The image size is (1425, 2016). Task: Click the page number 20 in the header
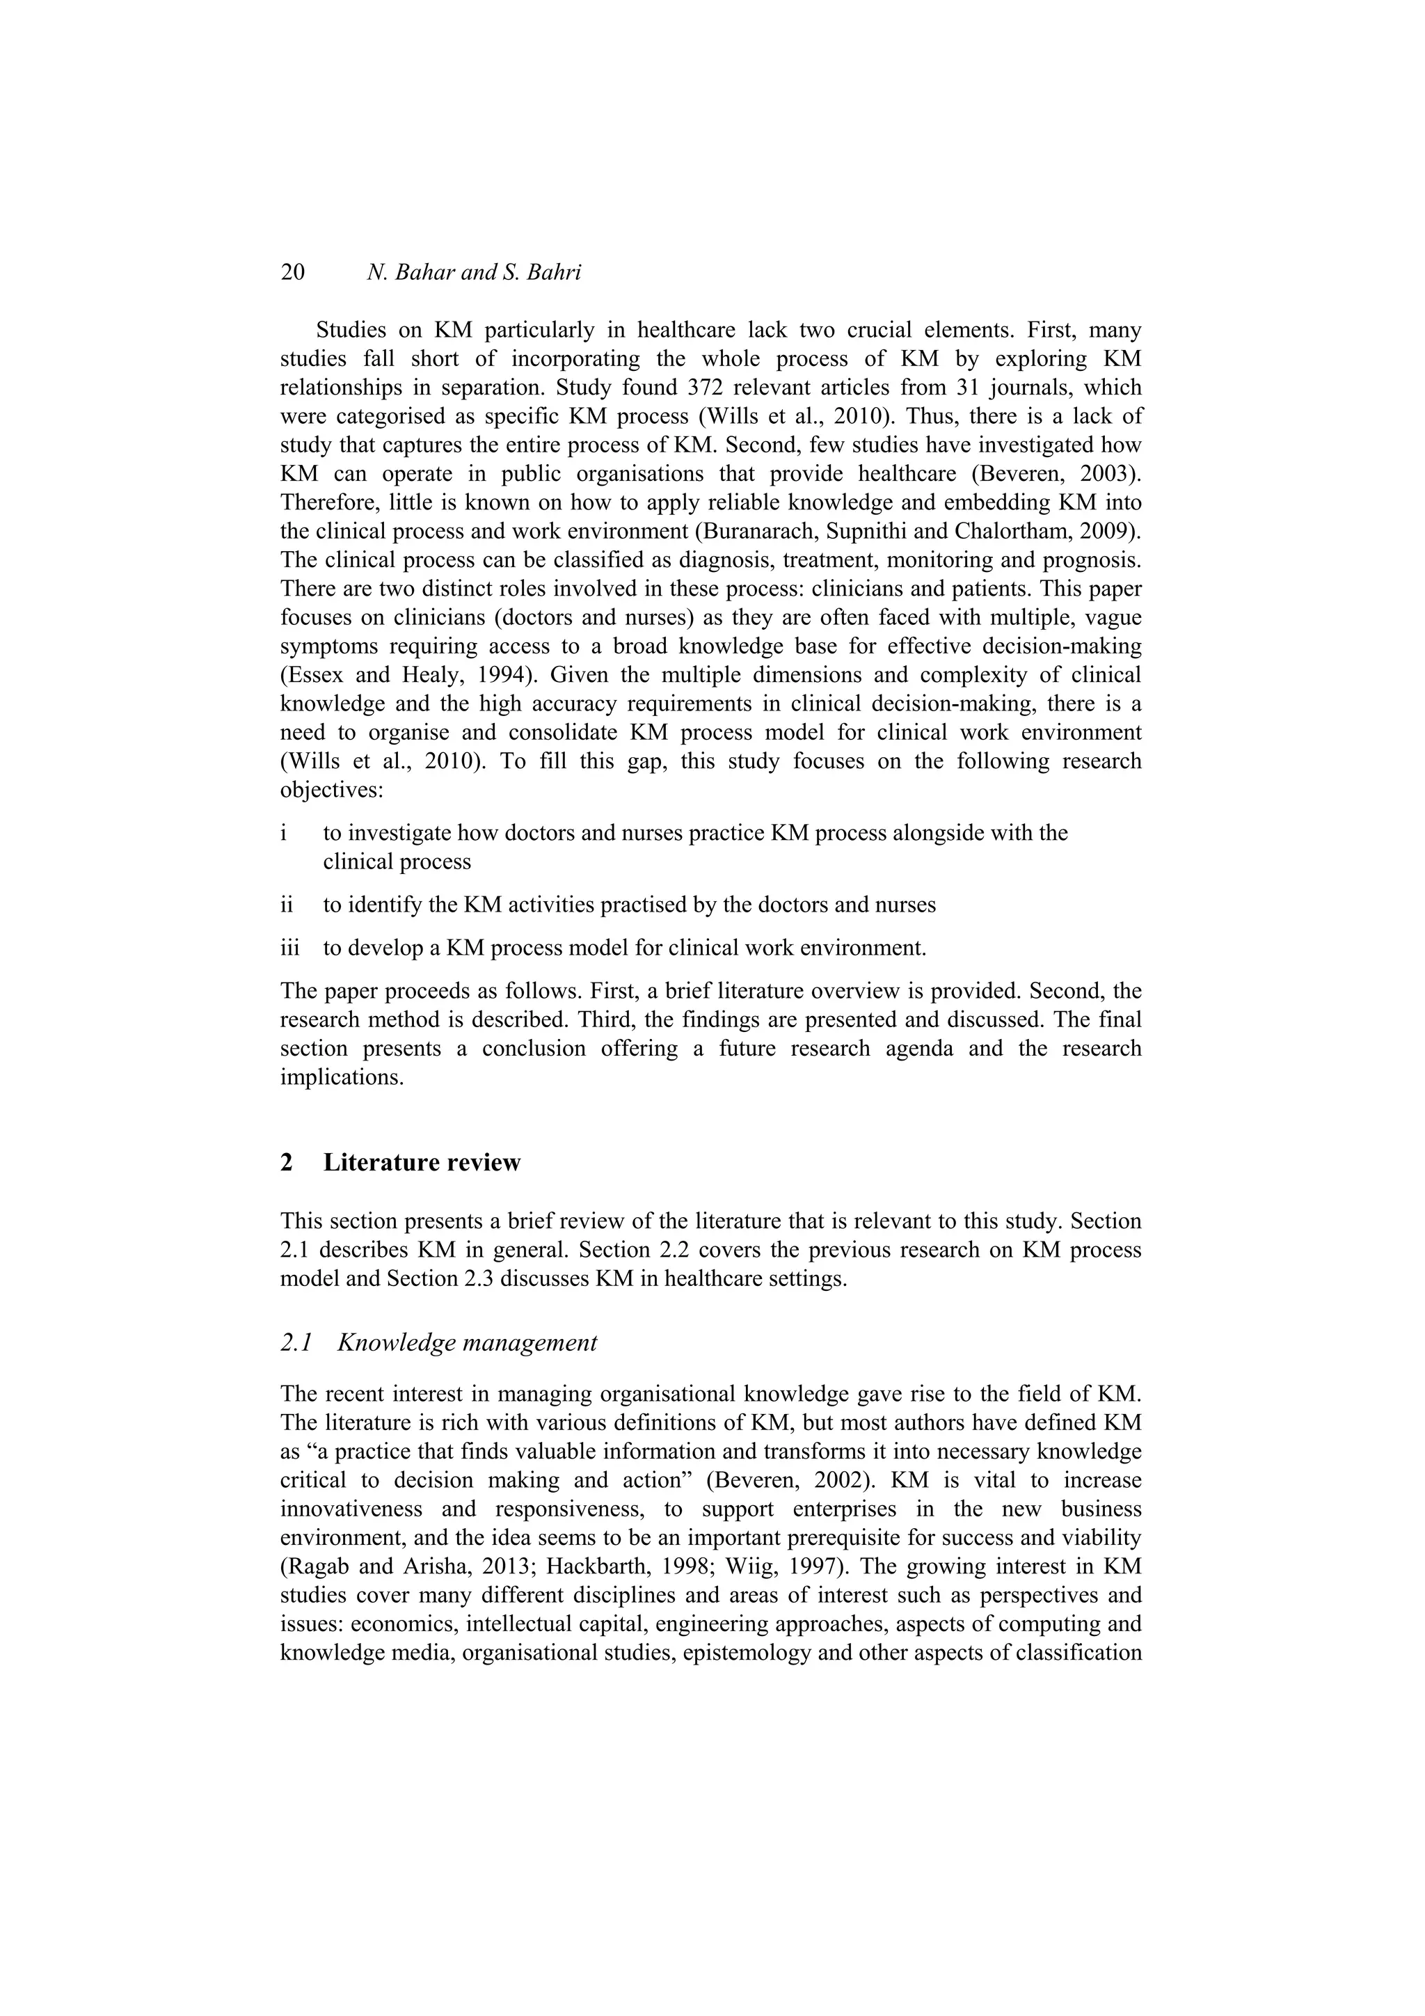(x=292, y=272)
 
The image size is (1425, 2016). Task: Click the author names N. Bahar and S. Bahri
(x=474, y=272)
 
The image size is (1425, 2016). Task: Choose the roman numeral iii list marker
(x=289, y=949)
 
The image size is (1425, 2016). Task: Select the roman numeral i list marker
(x=284, y=832)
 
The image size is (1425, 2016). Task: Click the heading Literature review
(x=422, y=1163)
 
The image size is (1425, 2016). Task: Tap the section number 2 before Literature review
(x=286, y=1163)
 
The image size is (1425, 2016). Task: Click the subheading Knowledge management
(x=467, y=1342)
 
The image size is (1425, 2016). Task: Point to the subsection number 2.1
(x=296, y=1342)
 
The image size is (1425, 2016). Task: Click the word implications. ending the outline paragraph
(x=342, y=1077)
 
